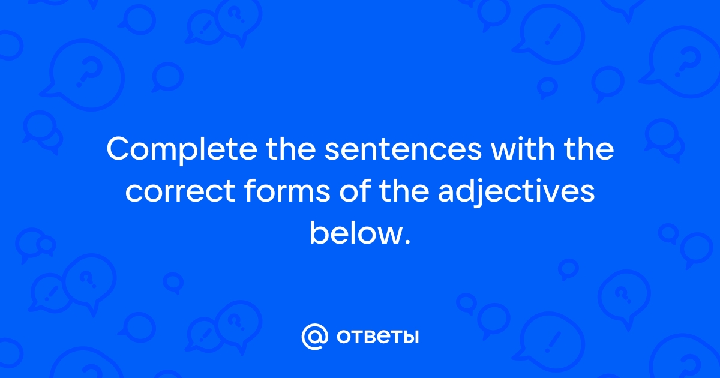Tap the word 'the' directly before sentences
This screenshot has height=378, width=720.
tap(290, 149)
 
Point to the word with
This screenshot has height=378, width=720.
tap(523, 149)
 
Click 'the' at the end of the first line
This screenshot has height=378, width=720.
tap(589, 149)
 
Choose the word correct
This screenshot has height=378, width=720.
tap(181, 191)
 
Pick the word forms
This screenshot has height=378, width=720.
tap(287, 190)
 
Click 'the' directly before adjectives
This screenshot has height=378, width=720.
tap(404, 190)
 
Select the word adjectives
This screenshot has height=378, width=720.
tap(516, 192)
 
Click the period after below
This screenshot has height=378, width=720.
tap(407, 241)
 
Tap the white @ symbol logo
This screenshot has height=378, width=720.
tap(315, 337)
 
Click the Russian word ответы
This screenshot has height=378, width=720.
tap(377, 337)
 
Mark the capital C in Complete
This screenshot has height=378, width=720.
tap(119, 149)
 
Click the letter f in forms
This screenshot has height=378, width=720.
tap(251, 190)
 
